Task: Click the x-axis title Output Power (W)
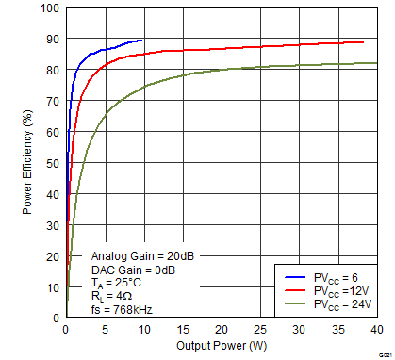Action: coord(221,345)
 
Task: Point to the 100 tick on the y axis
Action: coord(49,8)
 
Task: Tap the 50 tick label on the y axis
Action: coord(52,164)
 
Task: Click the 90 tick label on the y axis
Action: coord(52,40)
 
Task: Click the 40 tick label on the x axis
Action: coord(376,330)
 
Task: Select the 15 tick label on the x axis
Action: coord(182,330)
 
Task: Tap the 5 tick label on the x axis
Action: coord(104,330)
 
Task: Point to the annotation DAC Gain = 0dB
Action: coord(133,269)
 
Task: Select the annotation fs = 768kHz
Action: coord(122,309)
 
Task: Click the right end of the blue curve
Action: coord(142,41)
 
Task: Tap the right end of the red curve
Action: coord(364,42)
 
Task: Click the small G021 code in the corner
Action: coord(384,354)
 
